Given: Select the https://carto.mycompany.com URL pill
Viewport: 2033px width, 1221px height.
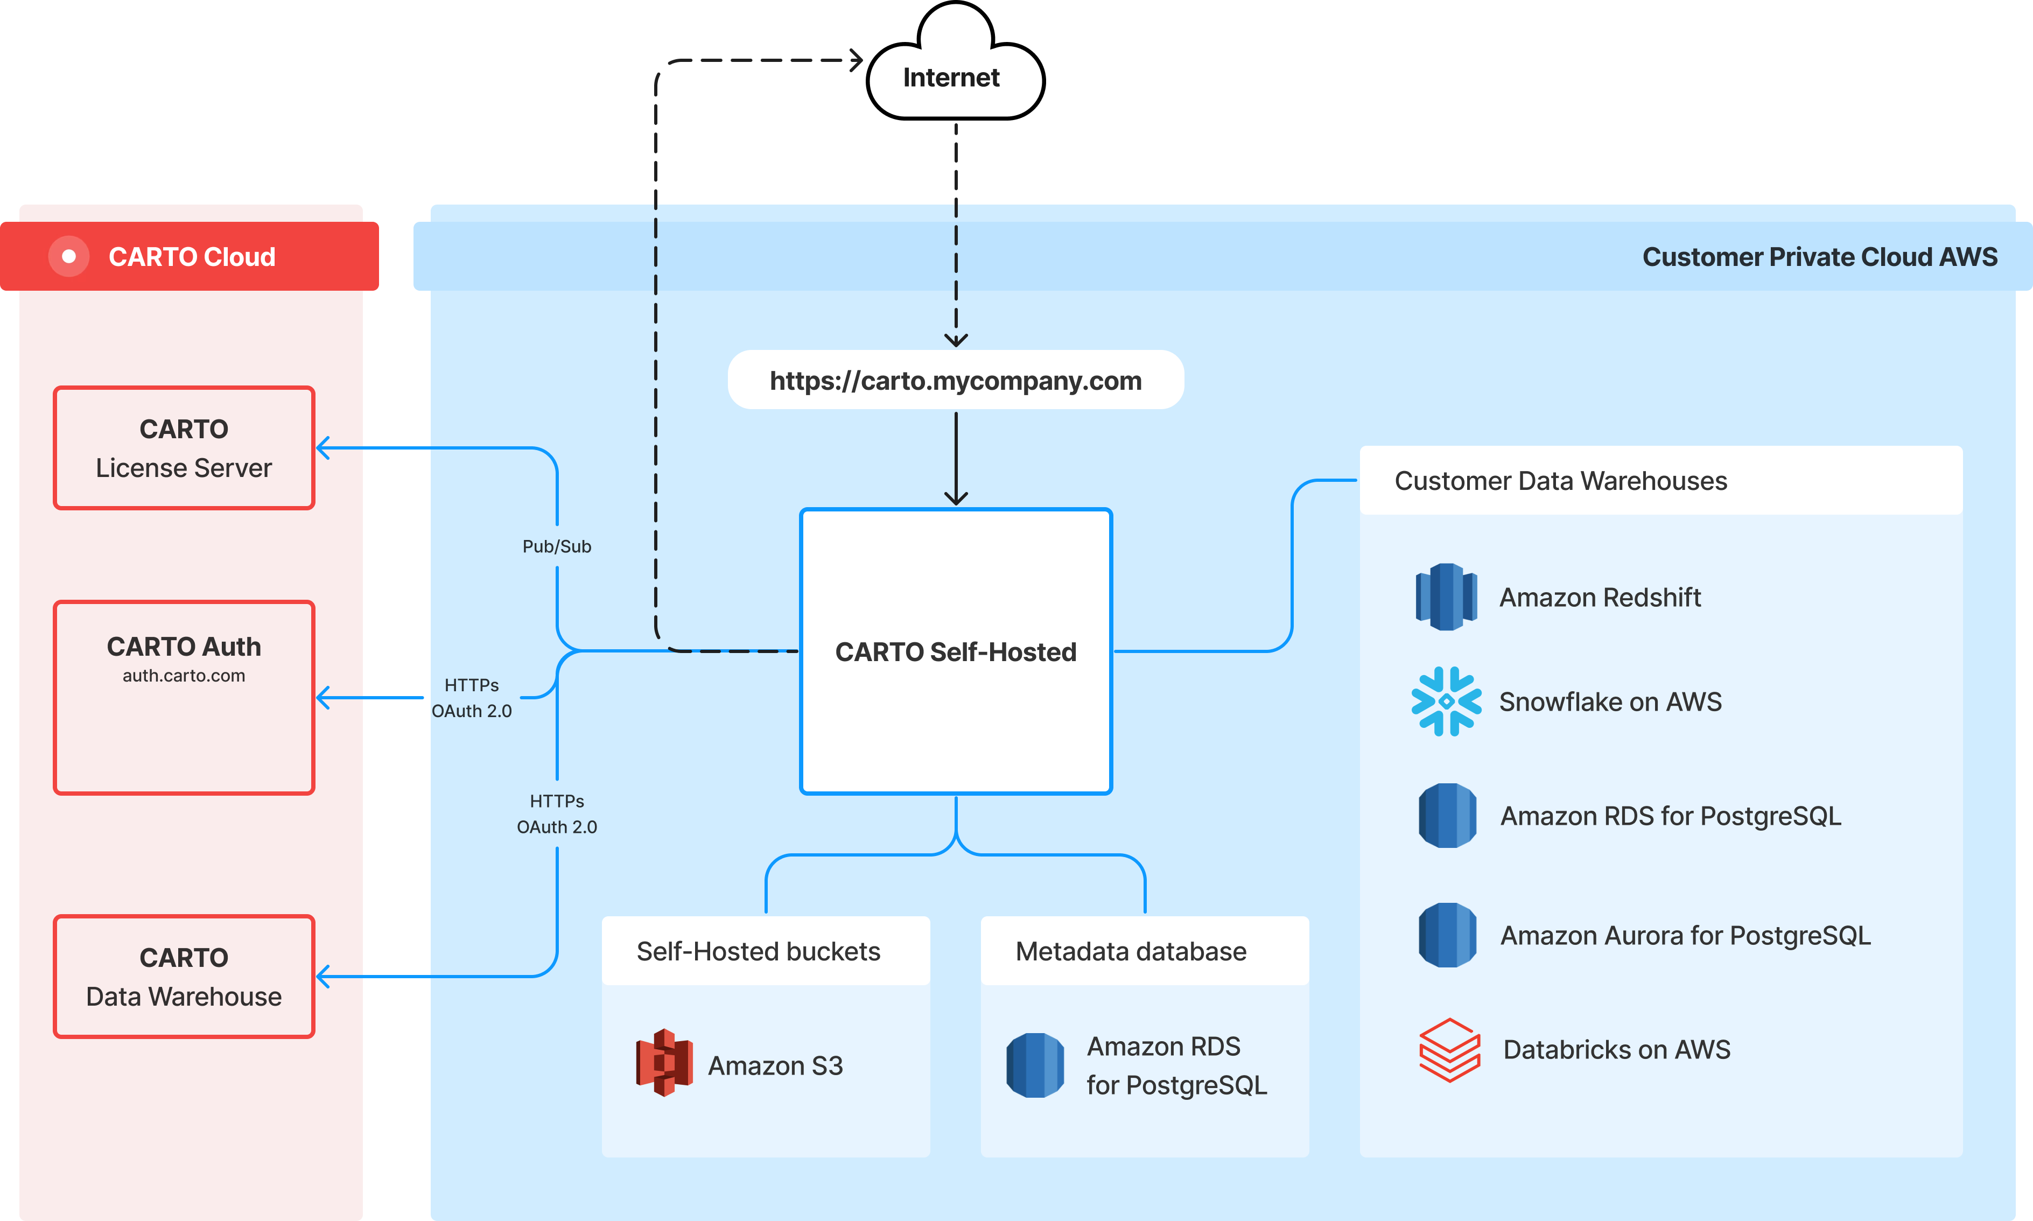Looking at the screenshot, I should pos(955,380).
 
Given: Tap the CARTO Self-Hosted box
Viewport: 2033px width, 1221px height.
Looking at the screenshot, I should pos(955,651).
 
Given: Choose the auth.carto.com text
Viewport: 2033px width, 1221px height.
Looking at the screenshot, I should pos(184,676).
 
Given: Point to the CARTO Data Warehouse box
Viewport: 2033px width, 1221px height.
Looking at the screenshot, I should pos(184,977).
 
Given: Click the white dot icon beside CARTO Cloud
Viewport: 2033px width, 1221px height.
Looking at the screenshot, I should pos(69,257).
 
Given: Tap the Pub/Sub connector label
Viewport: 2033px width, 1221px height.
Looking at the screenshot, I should pos(557,546).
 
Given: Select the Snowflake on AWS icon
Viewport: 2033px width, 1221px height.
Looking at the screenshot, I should pos(1446,701).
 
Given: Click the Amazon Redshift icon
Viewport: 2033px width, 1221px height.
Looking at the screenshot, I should pos(1446,597).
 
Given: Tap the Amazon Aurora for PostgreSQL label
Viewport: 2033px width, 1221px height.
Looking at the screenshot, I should pos(1685,936).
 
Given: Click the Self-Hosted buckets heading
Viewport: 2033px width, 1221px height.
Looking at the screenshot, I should pos(758,951).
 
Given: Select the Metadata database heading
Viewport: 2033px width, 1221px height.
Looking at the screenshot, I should pos(1131,951).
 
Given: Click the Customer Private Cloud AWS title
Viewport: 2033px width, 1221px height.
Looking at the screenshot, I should pos(1819,257).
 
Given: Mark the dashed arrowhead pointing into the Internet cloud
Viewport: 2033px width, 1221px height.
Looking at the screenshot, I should pos(856,60).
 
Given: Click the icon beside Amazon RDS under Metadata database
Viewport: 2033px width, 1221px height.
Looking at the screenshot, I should pos(1035,1065).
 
